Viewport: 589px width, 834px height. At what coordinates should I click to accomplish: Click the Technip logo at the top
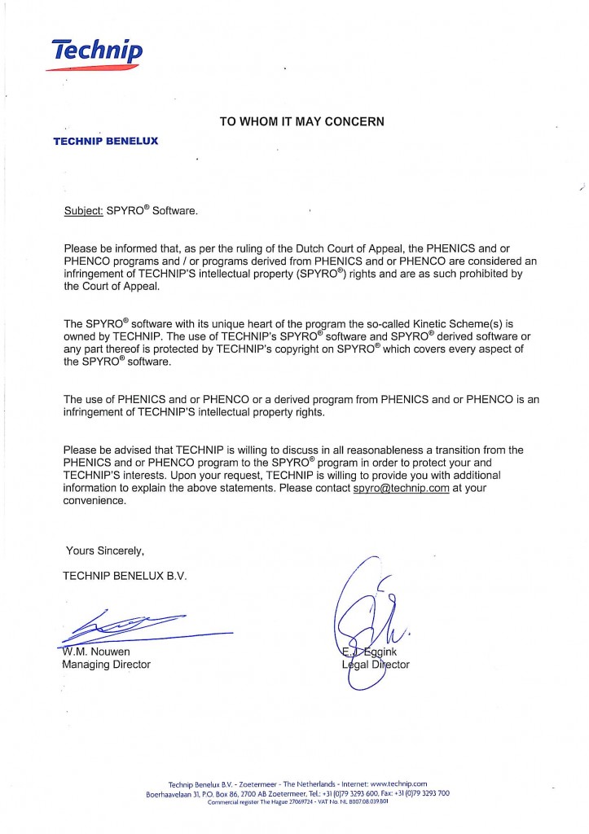click(97, 53)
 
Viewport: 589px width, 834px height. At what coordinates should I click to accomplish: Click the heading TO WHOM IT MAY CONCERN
click(301, 121)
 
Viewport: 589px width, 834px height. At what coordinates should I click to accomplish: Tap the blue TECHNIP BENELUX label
click(106, 141)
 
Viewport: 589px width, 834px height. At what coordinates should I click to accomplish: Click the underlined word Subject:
click(83, 211)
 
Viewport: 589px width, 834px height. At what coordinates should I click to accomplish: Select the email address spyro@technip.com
click(401, 488)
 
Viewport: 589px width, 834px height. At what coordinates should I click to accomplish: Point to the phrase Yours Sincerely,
click(105, 550)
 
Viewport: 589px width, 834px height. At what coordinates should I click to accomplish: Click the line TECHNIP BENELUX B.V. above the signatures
click(125, 575)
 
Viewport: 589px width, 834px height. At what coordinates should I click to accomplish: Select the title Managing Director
click(107, 665)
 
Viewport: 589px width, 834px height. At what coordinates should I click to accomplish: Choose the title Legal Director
click(376, 665)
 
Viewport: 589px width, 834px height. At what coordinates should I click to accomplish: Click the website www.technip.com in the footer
click(398, 784)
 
